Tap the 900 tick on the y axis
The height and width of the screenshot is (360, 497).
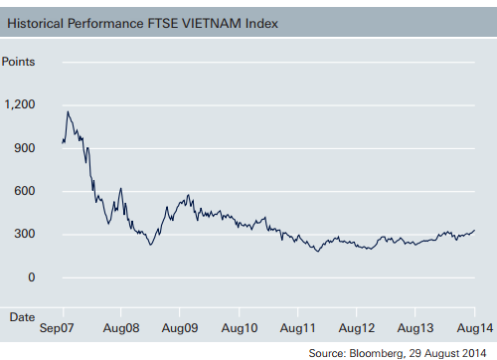pyautogui.click(x=24, y=148)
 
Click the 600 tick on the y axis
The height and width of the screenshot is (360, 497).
pyautogui.click(x=24, y=191)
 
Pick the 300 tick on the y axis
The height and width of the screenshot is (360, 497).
pyautogui.click(x=24, y=235)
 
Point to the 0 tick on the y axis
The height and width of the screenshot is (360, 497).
pyautogui.click(x=31, y=277)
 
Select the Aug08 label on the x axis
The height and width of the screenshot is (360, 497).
pyautogui.click(x=120, y=325)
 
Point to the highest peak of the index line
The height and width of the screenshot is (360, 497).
pyautogui.click(x=68, y=111)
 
